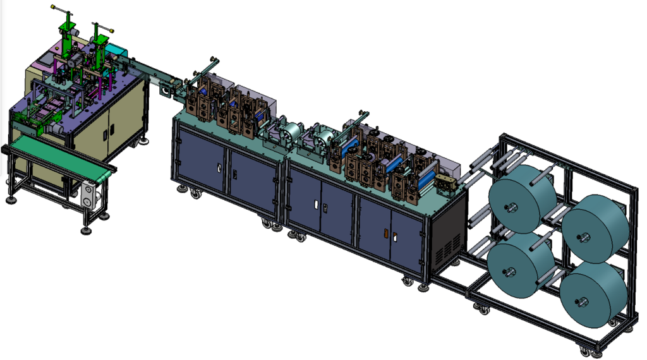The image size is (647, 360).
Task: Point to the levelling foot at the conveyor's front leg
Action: click(x=86, y=231)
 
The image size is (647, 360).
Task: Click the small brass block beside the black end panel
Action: click(x=446, y=184)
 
